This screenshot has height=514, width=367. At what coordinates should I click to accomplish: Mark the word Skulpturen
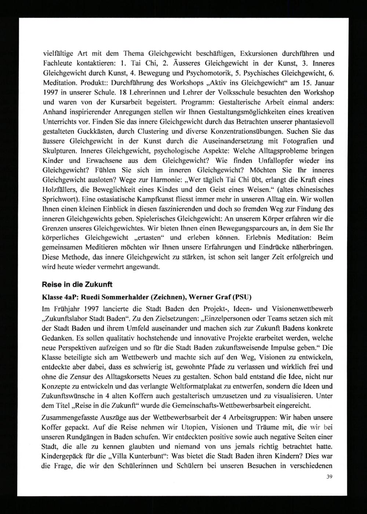point(59,150)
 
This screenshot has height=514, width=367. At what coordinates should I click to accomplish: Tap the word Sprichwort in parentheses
point(58,199)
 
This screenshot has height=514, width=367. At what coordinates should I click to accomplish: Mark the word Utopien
point(204,427)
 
